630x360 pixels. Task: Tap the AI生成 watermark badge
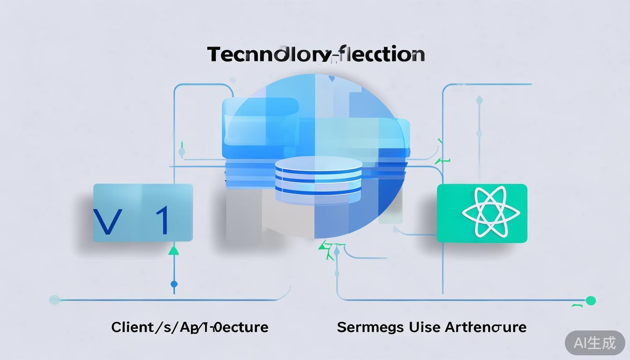tap(595, 343)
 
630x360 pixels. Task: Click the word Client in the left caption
tap(132, 327)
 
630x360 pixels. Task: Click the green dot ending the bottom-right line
tap(591, 300)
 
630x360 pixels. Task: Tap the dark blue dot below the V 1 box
tap(174, 284)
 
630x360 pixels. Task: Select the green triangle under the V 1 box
tap(174, 250)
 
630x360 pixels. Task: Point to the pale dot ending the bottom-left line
tap(54, 300)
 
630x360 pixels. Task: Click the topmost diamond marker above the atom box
tap(479, 100)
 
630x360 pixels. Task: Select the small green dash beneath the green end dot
tap(577, 306)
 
